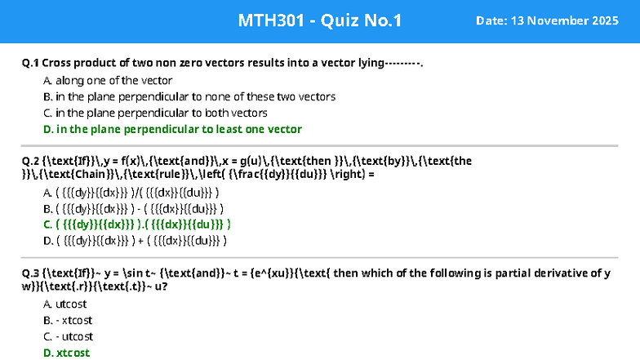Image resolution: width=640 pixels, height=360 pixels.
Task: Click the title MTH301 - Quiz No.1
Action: click(x=319, y=20)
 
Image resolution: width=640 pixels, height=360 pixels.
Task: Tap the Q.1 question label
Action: click(x=31, y=63)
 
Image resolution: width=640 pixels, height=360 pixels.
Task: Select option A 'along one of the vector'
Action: click(x=108, y=80)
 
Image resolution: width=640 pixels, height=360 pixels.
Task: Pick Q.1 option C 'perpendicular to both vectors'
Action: click(x=155, y=113)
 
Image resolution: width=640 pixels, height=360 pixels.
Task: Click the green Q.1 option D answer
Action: click(x=172, y=129)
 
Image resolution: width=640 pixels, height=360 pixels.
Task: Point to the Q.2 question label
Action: click(x=31, y=161)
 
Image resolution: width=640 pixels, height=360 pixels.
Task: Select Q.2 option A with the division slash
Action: click(x=131, y=192)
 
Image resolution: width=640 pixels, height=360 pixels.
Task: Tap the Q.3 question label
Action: click(x=31, y=273)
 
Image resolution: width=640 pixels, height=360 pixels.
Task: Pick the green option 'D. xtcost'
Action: click(x=66, y=353)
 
